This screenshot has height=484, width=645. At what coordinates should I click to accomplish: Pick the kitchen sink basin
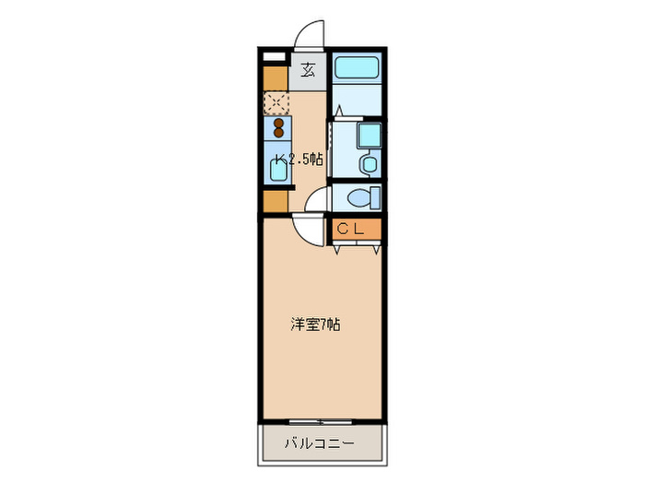pos(276,169)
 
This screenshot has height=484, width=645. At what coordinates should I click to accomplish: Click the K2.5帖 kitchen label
pos(297,159)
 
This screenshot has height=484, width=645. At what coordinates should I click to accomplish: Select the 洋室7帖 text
pos(316,325)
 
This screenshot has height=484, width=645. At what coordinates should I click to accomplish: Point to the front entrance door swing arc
pos(310,34)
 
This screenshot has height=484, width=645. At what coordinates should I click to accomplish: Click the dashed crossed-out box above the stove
pos(276,101)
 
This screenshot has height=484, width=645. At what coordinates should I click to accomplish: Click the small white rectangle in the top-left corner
pos(274,55)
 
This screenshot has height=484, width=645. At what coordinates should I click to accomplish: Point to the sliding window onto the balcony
pos(320,422)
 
